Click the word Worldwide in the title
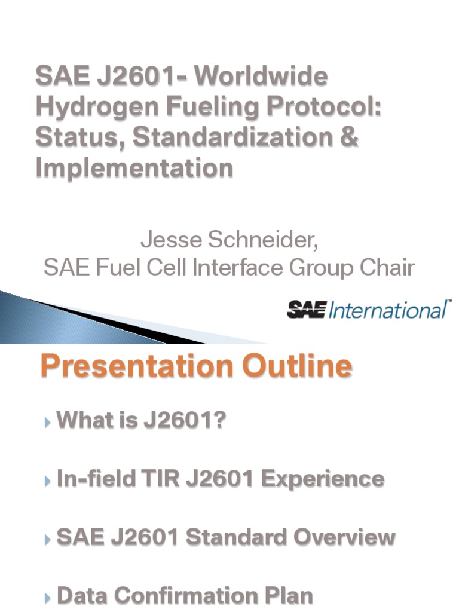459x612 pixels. click(x=262, y=77)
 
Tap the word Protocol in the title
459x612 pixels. click(x=326, y=108)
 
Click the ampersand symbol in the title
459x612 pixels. click(x=351, y=137)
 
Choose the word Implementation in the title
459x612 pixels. click(x=134, y=168)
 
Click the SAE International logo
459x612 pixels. click(x=369, y=310)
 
